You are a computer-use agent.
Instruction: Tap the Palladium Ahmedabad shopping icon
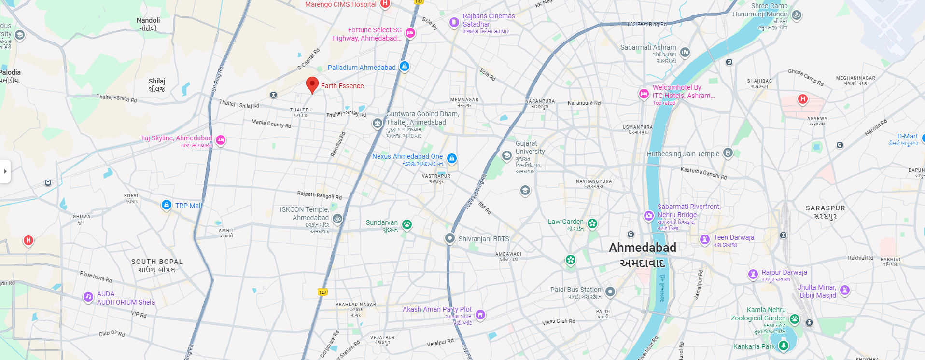click(x=405, y=67)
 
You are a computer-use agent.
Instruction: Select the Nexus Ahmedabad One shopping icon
click(x=452, y=158)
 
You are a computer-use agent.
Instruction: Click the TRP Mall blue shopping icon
click(x=167, y=205)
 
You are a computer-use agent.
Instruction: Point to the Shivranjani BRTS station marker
click(x=450, y=238)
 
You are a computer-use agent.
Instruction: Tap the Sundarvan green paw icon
click(x=407, y=224)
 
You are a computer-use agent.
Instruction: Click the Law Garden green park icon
click(x=592, y=223)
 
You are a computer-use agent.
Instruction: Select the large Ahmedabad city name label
click(x=642, y=248)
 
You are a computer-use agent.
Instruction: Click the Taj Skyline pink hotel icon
click(x=221, y=140)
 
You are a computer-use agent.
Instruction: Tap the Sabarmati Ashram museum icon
click(x=685, y=52)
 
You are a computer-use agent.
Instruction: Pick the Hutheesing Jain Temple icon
click(x=728, y=153)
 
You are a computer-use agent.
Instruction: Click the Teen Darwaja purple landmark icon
click(x=705, y=239)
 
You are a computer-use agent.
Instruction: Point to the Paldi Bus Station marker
click(x=610, y=291)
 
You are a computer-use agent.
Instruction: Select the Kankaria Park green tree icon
click(x=784, y=345)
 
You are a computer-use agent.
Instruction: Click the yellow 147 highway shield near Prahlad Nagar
click(x=322, y=292)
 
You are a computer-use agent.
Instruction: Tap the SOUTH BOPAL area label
click(x=157, y=262)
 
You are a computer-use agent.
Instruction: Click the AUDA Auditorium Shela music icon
click(x=88, y=297)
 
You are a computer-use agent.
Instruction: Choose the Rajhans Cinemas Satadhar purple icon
click(x=454, y=22)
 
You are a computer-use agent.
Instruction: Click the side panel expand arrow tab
click(x=5, y=171)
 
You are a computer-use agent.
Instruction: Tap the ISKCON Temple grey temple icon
click(x=337, y=219)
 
